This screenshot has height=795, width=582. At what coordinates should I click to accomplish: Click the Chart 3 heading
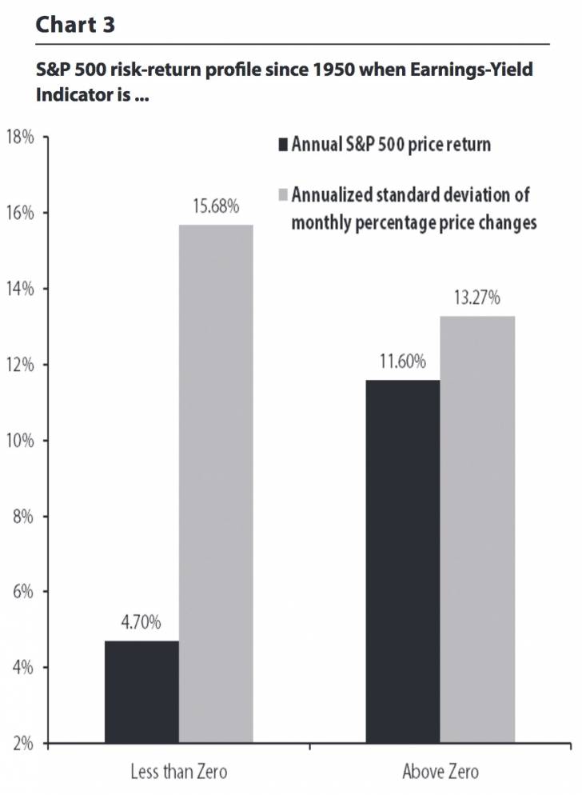click(x=75, y=24)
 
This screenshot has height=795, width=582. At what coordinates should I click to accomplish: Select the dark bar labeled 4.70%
click(x=142, y=692)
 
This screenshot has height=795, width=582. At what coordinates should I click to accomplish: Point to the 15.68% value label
click(x=216, y=207)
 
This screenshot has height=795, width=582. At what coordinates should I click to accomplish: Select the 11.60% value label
click(x=402, y=362)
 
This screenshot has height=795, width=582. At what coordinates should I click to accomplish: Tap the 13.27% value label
click(x=477, y=298)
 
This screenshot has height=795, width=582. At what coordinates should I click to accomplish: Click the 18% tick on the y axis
click(x=20, y=138)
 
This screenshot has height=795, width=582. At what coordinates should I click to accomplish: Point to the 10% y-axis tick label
click(x=20, y=441)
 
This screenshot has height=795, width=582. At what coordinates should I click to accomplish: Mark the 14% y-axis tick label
click(x=20, y=289)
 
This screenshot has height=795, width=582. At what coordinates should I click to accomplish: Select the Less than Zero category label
click(x=178, y=773)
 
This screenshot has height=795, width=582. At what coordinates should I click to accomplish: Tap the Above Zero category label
click(x=440, y=773)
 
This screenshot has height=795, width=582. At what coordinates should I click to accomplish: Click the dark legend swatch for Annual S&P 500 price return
click(x=281, y=146)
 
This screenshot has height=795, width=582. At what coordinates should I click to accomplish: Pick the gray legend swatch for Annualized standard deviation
click(x=281, y=195)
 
